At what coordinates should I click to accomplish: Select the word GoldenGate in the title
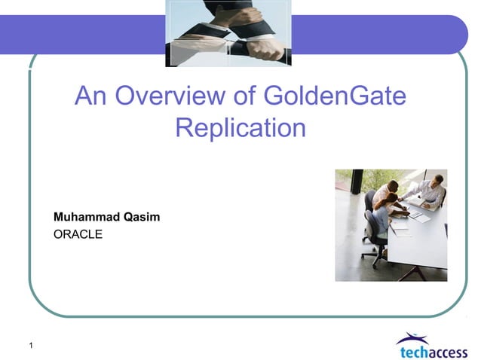[335, 96]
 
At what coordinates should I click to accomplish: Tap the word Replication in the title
[240, 127]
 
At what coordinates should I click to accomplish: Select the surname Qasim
[141, 217]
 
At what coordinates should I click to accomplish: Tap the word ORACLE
[78, 234]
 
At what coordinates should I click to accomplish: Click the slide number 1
[30, 346]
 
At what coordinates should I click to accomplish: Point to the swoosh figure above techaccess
[412, 337]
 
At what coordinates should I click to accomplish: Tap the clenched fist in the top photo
[265, 48]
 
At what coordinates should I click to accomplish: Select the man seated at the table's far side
[428, 191]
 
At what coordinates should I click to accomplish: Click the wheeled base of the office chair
[374, 257]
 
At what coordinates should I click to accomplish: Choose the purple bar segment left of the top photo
[83, 34]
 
